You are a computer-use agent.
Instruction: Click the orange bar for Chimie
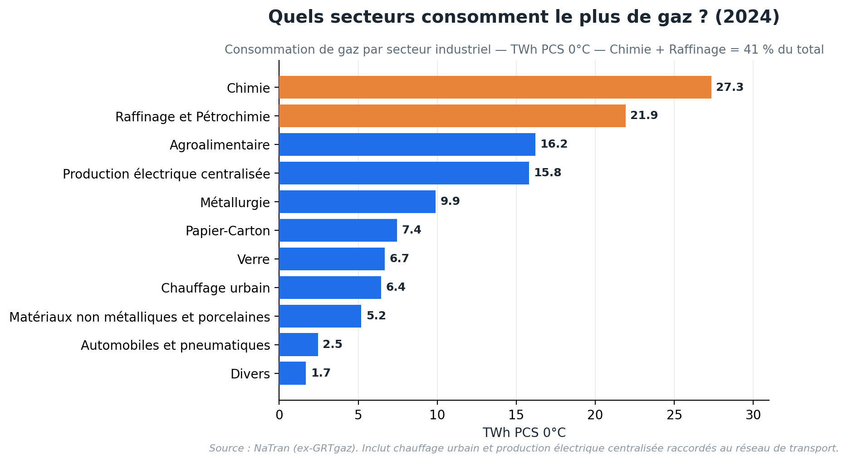tap(495, 87)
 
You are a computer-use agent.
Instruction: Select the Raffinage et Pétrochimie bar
tap(452, 116)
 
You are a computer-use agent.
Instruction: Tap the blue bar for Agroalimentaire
tap(407, 144)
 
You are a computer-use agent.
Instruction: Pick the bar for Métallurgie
tap(357, 202)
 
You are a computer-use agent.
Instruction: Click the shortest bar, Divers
tap(292, 373)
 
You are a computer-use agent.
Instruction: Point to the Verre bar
tap(332, 259)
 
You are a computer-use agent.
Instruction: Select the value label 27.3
tap(730, 87)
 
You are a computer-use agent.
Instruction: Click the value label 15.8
tap(548, 173)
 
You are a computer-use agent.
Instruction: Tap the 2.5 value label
tap(333, 344)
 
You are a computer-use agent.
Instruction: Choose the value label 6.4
tap(396, 287)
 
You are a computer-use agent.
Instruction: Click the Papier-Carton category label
tap(228, 231)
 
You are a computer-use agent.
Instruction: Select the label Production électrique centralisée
tap(167, 174)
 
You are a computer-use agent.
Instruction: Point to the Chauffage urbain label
tap(216, 288)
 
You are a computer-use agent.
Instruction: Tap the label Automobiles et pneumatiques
tap(176, 345)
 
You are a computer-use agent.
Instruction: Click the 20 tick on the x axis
tap(595, 415)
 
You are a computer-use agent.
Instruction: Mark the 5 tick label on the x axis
tap(358, 415)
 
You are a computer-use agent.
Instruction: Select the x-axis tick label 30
tap(753, 415)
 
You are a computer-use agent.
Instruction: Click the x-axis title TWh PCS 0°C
tap(524, 432)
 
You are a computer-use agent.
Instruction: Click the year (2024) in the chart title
tap(747, 17)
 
